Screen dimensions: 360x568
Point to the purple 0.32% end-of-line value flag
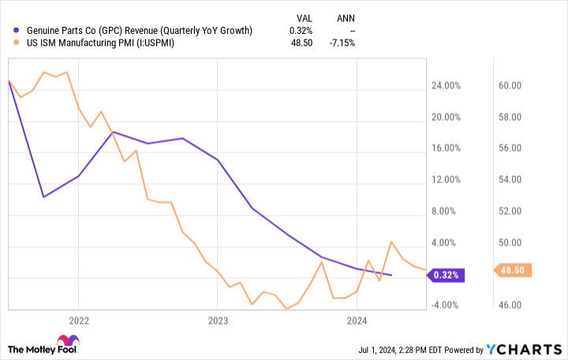point(447,276)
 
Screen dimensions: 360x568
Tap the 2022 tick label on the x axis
point(78,320)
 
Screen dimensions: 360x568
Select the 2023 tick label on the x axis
point(218,320)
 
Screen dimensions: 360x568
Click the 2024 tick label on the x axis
point(357,320)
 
